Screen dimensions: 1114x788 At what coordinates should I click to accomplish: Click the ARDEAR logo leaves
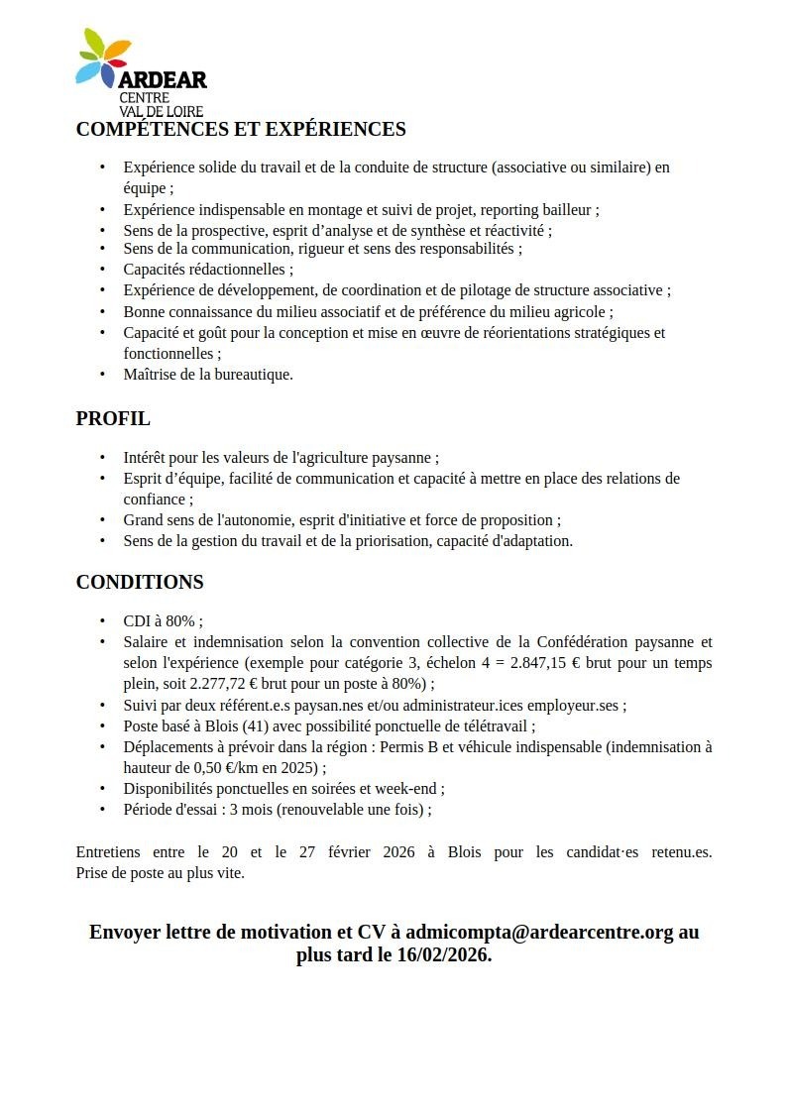[x=103, y=56]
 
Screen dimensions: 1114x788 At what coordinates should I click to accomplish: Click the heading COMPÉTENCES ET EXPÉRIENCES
[x=241, y=129]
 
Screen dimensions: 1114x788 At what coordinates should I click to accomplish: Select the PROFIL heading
[x=113, y=418]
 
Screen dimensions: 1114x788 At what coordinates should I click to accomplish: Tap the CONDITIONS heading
[x=140, y=582]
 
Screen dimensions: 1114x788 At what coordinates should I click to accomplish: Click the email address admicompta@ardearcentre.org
[x=539, y=932]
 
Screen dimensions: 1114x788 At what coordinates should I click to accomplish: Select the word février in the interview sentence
[x=322, y=852]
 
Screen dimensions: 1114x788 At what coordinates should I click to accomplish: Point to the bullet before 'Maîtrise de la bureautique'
[x=102, y=375]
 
